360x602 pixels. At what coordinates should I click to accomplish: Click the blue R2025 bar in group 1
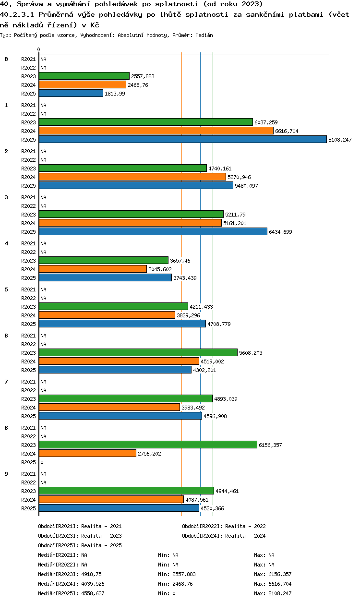click(x=183, y=140)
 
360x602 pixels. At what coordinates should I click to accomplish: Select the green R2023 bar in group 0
click(x=84, y=76)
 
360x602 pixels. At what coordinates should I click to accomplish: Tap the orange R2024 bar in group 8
click(x=87, y=453)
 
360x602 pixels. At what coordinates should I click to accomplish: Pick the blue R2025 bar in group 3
click(x=153, y=232)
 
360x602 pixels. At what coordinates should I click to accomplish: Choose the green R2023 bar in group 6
click(x=138, y=352)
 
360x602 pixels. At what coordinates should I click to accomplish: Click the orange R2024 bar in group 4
click(x=93, y=269)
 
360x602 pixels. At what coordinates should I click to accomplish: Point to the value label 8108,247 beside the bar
click(x=340, y=140)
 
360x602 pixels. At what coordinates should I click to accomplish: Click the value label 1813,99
click(x=115, y=94)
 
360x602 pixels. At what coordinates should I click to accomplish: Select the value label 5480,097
click(x=246, y=186)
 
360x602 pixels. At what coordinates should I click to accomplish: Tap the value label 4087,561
click(x=197, y=500)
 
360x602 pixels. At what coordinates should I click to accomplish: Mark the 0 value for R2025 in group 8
click(x=42, y=462)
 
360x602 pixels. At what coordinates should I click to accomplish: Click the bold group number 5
click(x=6, y=289)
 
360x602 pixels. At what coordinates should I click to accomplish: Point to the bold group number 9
click(x=6, y=474)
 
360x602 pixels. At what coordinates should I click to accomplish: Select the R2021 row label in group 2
click(x=28, y=151)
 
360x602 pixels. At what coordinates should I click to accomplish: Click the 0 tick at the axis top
click(x=39, y=49)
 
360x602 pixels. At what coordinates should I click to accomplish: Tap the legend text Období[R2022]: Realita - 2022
click(x=224, y=526)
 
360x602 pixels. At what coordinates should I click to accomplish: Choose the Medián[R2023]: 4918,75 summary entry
click(x=70, y=574)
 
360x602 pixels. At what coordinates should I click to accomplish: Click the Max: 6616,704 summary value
click(x=273, y=584)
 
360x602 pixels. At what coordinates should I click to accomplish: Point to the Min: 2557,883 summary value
click(x=177, y=574)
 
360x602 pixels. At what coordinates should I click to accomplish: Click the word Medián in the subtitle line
click(x=204, y=35)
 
